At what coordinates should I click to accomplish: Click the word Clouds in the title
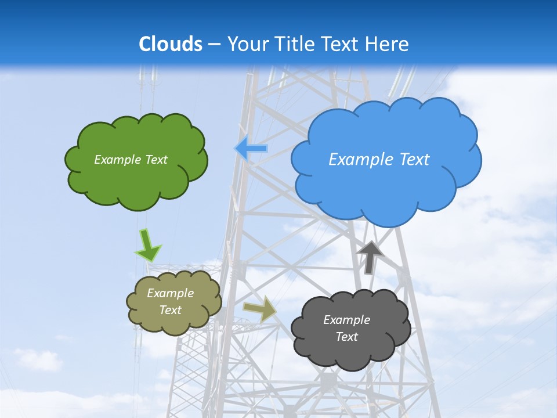[x=171, y=44]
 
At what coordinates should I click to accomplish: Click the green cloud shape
[x=136, y=180]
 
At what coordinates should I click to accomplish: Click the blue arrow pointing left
[x=251, y=149]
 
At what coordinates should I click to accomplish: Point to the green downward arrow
[x=147, y=245]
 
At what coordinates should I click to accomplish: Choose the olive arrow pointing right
[x=259, y=309]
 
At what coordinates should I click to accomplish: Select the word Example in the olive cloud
[x=171, y=293]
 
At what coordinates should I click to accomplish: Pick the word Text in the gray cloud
[x=346, y=337]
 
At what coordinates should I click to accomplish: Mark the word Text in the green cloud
[x=156, y=160]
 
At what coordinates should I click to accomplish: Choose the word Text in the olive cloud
[x=171, y=310]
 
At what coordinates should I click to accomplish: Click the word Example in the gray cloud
[x=346, y=320]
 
